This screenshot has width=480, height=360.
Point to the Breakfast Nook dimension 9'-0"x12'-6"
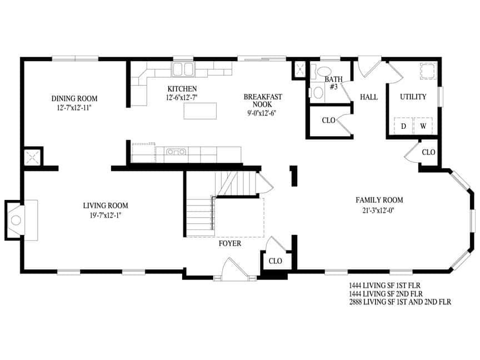click(x=263, y=113)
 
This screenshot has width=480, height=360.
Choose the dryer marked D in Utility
click(x=404, y=126)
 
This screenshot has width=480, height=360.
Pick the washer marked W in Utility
click(x=423, y=126)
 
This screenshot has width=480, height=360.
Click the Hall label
click(x=369, y=97)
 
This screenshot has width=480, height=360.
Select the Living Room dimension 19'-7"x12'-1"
click(x=106, y=215)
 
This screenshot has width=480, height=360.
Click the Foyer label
click(x=230, y=243)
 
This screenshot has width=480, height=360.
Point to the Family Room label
click(x=379, y=200)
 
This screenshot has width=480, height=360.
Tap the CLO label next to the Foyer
click(x=276, y=261)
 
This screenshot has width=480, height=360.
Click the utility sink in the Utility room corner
click(x=427, y=72)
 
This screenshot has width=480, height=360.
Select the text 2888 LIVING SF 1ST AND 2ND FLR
click(x=400, y=302)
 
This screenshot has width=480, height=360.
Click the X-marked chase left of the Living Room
click(x=31, y=157)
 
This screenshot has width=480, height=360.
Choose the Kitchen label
click(x=182, y=89)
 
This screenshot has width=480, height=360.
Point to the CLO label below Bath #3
click(x=328, y=121)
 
